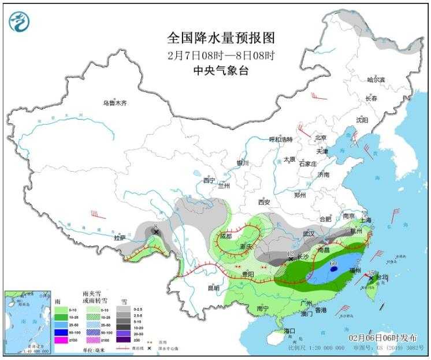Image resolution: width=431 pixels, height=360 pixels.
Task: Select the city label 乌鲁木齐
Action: point(114,103)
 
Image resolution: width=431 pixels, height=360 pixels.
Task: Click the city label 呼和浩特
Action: point(281,139)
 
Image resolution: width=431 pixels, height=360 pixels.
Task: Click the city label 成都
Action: point(225,236)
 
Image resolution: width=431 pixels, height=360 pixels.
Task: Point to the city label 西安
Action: point(264,202)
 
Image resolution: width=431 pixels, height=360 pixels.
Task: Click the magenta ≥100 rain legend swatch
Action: point(60,340)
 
